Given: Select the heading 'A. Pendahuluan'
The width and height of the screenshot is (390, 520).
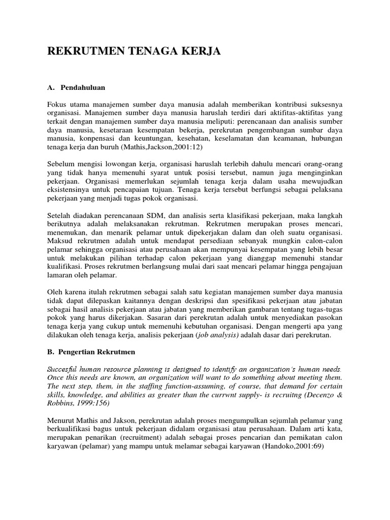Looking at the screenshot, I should tap(76, 87).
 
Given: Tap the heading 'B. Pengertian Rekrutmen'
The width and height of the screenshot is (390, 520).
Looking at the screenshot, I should tap(91, 352).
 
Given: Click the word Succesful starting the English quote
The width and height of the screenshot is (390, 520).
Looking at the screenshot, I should tap(64, 368).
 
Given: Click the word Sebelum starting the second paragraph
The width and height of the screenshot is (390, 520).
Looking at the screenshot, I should tap(61, 164).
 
